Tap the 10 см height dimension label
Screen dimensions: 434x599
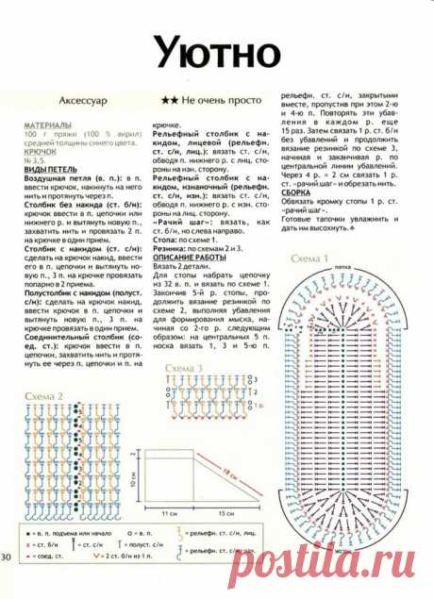(133, 478)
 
